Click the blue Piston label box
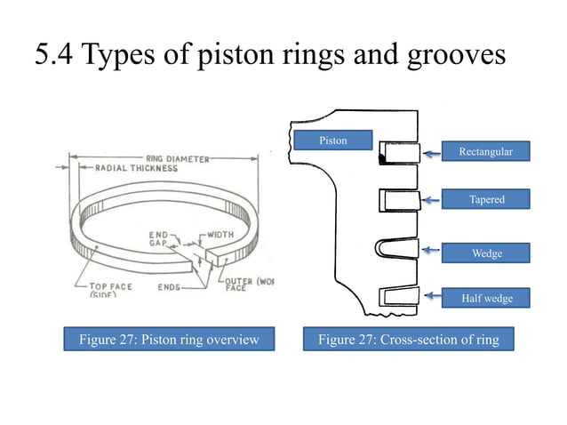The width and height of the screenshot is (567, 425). [333, 140]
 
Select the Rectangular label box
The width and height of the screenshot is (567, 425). [485, 152]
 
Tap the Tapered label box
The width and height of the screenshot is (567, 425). [485, 199]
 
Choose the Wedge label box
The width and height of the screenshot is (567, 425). [485, 253]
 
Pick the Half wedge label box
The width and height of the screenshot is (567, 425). [485, 298]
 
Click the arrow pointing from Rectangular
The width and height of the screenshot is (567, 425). [432, 153]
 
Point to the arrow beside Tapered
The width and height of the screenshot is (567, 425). [432, 201]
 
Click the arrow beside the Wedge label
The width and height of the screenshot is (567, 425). [432, 251]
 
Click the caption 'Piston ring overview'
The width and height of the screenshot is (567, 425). [168, 340]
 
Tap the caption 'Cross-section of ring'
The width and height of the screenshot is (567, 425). [409, 340]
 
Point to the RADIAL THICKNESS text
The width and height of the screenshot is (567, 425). [119, 168]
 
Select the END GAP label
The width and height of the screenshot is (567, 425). [159, 240]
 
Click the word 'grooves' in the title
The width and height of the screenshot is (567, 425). [459, 55]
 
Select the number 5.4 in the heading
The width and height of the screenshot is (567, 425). [54, 55]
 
